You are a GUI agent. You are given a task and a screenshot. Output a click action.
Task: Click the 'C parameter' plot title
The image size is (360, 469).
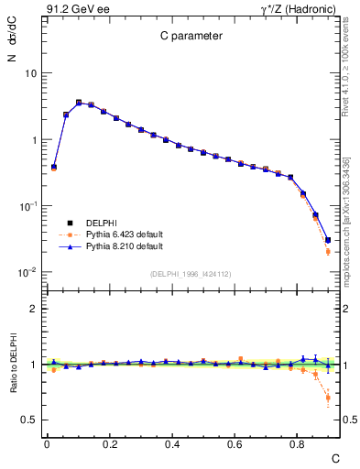click(185, 38)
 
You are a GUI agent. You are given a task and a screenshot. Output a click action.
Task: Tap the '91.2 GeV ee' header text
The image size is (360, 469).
click(72, 8)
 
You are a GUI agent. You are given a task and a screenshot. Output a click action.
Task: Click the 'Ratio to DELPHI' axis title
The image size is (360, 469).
click(13, 363)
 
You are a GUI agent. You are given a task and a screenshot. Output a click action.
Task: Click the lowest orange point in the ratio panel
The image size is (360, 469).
click(328, 398)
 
